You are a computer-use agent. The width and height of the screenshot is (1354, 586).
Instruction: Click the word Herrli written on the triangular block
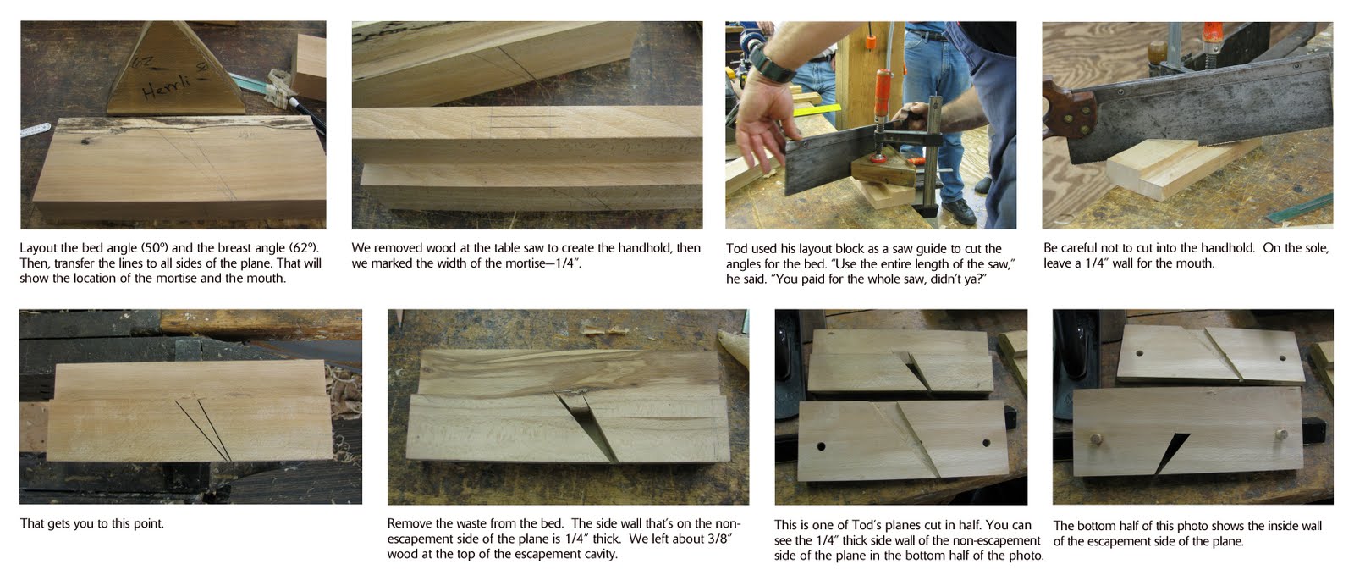point(166,86)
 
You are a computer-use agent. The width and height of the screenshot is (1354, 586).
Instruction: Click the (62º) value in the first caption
point(304,248)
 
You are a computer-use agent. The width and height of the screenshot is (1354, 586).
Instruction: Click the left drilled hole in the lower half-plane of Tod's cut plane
point(820,446)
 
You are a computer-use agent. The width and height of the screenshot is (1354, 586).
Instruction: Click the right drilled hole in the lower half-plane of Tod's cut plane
point(986,443)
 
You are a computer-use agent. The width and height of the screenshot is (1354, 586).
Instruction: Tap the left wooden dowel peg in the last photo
point(1095,438)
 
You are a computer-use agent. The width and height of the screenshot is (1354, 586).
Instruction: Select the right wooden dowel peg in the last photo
point(1281,434)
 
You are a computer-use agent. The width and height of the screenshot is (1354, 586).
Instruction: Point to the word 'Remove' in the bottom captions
point(409,523)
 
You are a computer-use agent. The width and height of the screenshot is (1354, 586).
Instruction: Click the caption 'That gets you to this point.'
point(92,523)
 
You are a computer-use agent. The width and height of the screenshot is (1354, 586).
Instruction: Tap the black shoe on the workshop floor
point(959,211)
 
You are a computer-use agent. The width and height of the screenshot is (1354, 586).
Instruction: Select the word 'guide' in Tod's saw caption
point(931,249)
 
